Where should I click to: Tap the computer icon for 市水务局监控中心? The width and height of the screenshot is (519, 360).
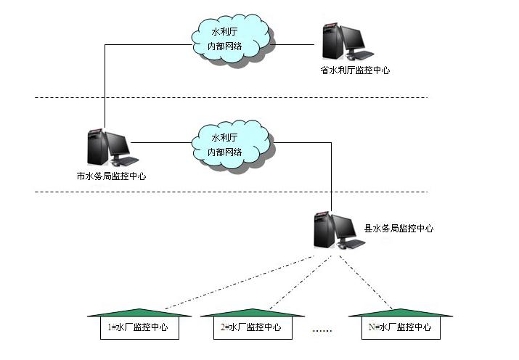107,148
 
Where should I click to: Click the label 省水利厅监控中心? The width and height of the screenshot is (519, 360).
354,70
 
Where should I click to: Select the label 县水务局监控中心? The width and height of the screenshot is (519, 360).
399,228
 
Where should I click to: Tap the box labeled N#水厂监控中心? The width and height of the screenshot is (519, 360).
399,327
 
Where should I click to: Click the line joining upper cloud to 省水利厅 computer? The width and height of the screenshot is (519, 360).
298,45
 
